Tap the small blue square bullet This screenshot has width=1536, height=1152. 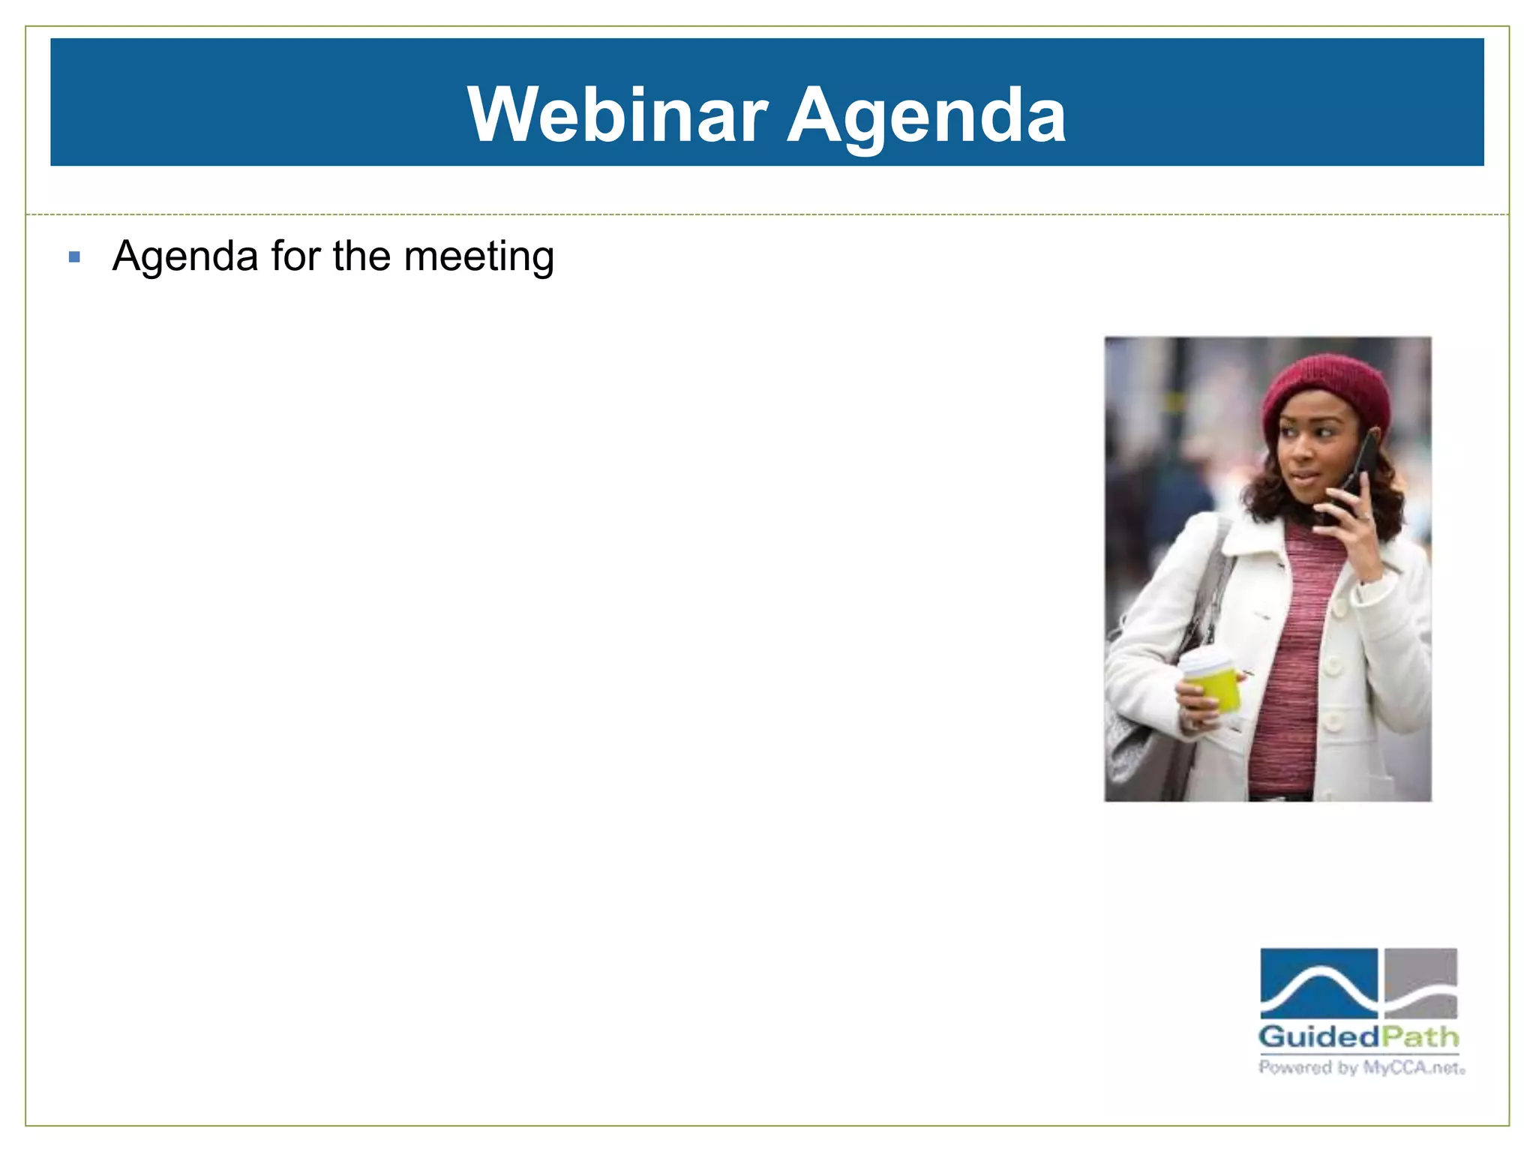pos(73,257)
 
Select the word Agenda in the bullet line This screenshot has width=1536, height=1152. pos(185,257)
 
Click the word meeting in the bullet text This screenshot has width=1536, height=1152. pos(478,257)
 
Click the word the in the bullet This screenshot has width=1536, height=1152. pos(361,256)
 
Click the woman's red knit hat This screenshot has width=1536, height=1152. pos(1327,394)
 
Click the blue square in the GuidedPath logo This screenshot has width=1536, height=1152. pos(1318,982)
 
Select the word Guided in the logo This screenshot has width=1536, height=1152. pos(1318,1037)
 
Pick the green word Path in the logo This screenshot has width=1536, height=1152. pos(1420,1037)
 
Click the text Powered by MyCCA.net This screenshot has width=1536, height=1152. pos(1360,1067)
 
